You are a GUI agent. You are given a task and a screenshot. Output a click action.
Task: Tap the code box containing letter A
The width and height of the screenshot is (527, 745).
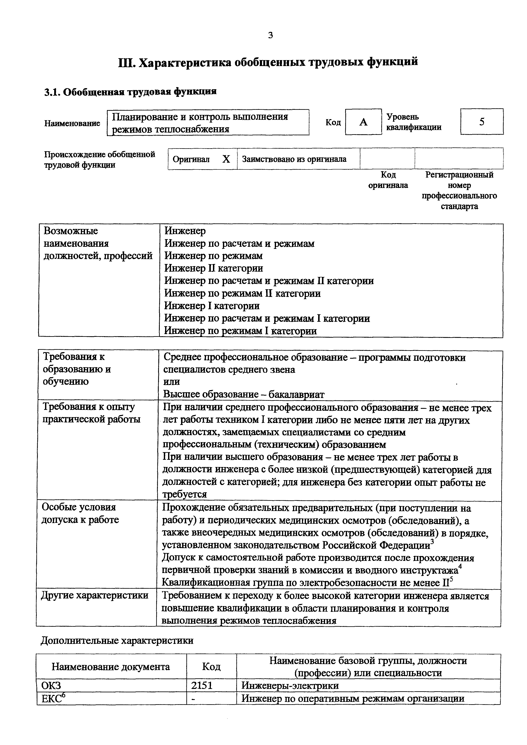(363, 122)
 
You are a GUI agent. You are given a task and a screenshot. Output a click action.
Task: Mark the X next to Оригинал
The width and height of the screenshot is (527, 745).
(226, 159)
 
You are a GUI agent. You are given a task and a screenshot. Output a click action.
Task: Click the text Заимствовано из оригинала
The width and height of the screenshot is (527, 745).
(294, 159)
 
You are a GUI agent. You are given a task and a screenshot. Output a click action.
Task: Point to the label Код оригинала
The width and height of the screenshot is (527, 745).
(388, 180)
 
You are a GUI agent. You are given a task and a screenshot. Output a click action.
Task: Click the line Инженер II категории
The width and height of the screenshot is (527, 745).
(213, 268)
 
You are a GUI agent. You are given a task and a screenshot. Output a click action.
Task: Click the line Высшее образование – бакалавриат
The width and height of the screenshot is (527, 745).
(244, 394)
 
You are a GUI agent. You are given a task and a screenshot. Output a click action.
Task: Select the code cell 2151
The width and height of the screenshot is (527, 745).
(202, 686)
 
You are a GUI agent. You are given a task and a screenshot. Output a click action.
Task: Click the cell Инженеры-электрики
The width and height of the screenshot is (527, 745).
(290, 686)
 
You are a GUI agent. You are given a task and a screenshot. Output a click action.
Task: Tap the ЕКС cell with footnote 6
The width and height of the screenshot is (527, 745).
(54, 698)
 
